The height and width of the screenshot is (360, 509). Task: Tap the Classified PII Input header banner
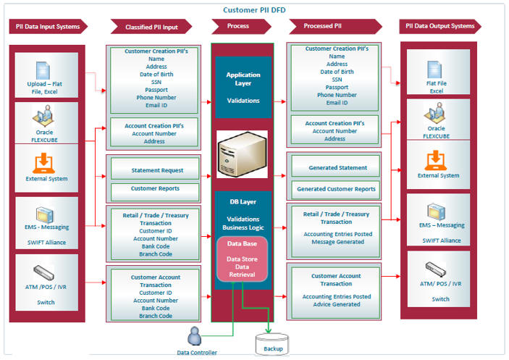click(151, 27)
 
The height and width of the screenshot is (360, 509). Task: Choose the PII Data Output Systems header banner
click(441, 27)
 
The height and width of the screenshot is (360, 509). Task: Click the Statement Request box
click(156, 171)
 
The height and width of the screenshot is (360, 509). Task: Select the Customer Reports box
click(156, 189)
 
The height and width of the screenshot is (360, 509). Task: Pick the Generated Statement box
click(338, 168)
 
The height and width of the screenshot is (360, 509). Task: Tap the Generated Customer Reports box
click(338, 189)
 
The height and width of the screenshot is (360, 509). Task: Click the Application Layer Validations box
click(243, 88)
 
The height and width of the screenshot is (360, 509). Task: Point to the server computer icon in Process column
click(243, 154)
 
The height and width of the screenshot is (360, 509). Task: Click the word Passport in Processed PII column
click(337, 87)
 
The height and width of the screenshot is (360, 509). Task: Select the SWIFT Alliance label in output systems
click(441, 240)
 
